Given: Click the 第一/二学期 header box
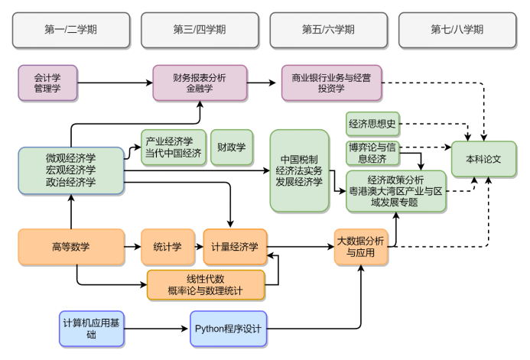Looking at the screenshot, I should [x=70, y=30].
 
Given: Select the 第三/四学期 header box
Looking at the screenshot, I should [x=200, y=30].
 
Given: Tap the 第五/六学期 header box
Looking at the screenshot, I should [x=328, y=30].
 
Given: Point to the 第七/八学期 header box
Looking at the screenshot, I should [x=457, y=30].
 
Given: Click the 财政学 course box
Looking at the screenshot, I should [x=231, y=147].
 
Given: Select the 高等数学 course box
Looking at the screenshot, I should [x=70, y=246].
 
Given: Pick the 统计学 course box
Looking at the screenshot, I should [x=167, y=246].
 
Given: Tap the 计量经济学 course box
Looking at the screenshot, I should [x=235, y=246].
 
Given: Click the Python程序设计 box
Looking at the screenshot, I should [x=228, y=329].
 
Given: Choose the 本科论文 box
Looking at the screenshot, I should [x=483, y=159].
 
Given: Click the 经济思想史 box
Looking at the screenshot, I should [x=372, y=123].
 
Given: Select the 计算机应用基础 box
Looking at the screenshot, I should [x=92, y=329].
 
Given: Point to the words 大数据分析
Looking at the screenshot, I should [x=360, y=241].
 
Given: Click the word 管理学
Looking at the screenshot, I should [x=47, y=89].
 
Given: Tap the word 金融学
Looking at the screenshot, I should [x=200, y=89].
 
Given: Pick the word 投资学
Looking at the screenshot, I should [x=331, y=89].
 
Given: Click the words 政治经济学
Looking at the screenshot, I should [x=70, y=182].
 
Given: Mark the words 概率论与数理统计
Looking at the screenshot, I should [x=205, y=290].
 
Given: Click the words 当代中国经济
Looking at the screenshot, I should [x=174, y=153].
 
